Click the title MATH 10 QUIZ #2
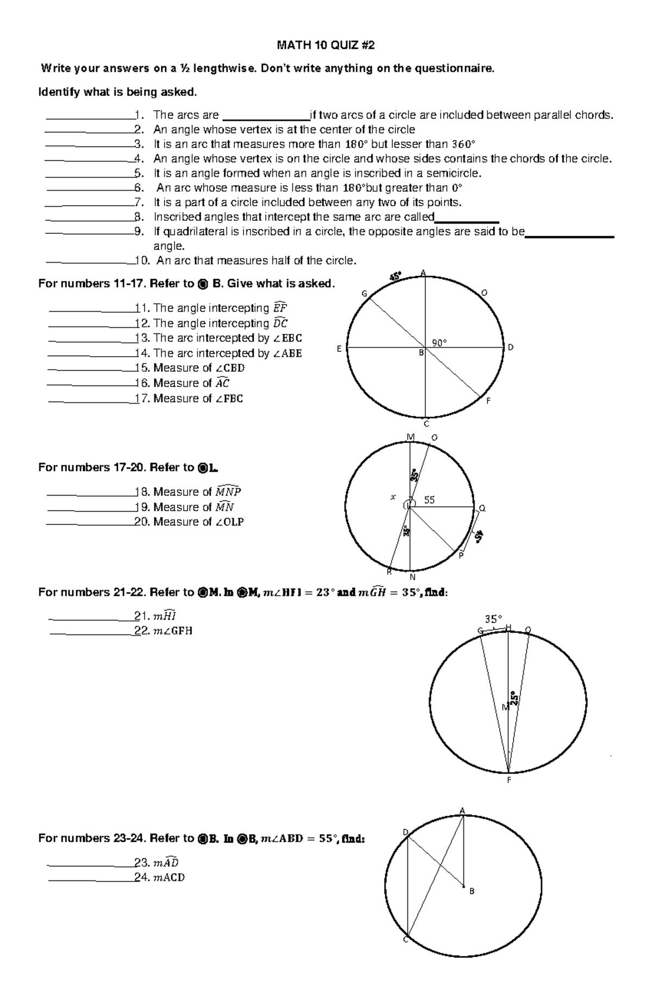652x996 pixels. point(325,46)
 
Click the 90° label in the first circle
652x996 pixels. point(439,342)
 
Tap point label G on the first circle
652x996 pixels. point(365,294)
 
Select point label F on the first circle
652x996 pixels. point(488,401)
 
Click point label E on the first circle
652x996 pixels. point(339,348)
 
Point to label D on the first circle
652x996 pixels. point(511,347)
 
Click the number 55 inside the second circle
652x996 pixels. point(429,500)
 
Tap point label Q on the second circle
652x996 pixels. point(482,509)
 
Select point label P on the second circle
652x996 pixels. point(461,556)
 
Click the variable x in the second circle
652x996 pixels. point(393,496)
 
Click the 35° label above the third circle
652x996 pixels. point(493,618)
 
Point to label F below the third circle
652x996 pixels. point(509,780)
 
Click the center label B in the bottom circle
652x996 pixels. point(472,891)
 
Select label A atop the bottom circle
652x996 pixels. point(462,811)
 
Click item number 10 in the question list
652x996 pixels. point(143,261)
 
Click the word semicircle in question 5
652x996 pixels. point(454,173)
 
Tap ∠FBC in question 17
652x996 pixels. point(229,398)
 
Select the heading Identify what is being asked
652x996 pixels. point(117,92)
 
